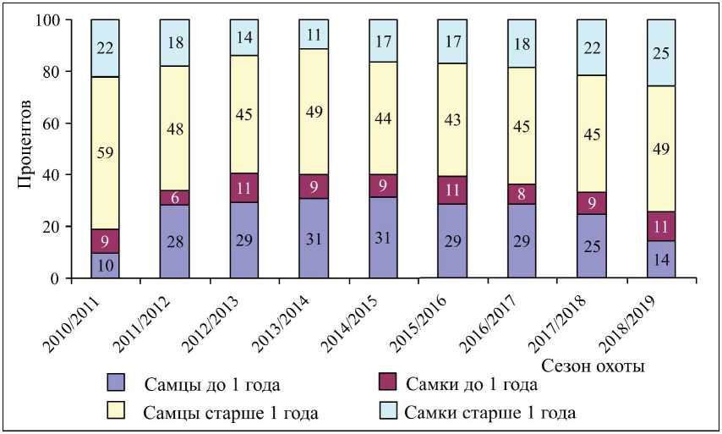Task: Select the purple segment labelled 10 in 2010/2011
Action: pyautogui.click(x=104, y=266)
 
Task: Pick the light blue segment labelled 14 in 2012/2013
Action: pyautogui.click(x=243, y=37)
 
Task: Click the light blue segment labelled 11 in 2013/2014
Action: pyautogui.click(x=313, y=34)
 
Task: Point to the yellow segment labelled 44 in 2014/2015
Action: pyautogui.click(x=382, y=118)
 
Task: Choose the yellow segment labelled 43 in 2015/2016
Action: pyautogui.click(x=452, y=119)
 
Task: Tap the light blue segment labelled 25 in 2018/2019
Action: pyautogui.click(x=661, y=52)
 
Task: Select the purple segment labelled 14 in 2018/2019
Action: pyautogui.click(x=661, y=260)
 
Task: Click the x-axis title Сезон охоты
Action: pyautogui.click(x=593, y=366)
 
